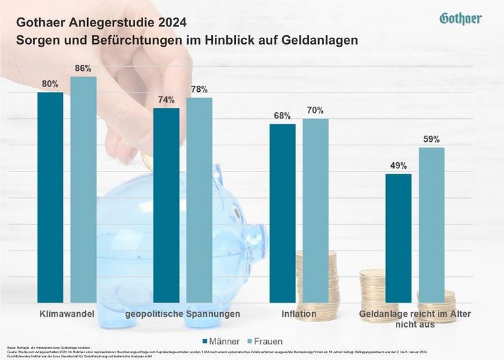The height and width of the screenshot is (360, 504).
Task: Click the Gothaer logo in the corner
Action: tap(460, 18)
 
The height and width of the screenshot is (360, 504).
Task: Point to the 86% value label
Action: tap(83, 68)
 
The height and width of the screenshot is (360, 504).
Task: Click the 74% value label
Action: tap(166, 99)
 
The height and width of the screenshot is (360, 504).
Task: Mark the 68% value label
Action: tap(282, 115)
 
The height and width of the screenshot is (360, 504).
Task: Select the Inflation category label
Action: tap(299, 315)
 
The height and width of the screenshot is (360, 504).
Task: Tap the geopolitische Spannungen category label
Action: tap(182, 315)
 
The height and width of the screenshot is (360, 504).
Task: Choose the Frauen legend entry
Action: tap(262, 341)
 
